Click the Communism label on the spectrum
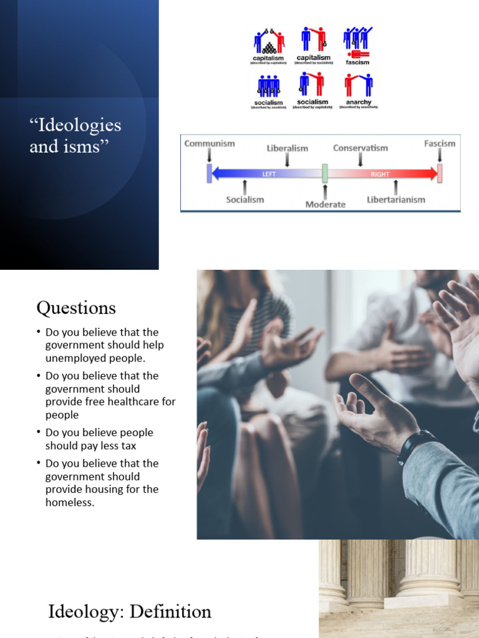pos(210,143)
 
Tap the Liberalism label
pos(288,148)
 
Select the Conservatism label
pos(360,148)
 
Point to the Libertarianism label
pos(396,199)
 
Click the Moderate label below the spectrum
pos(325,204)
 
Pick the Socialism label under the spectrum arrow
pos(244,199)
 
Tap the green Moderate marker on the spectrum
pos(325,173)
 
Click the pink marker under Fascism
pos(440,173)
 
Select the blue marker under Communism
pos(210,173)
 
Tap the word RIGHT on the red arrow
pos(380,174)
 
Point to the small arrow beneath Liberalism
pos(288,159)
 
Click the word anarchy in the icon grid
pos(359,102)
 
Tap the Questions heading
pos(76,308)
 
